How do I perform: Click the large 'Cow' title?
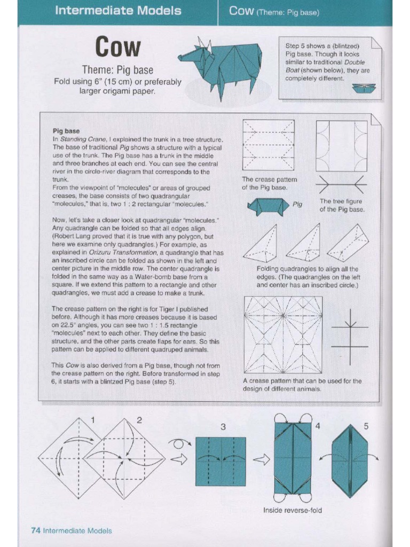pyautogui.click(x=118, y=48)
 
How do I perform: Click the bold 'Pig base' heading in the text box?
pyautogui.click(x=66, y=130)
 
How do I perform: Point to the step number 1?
pyautogui.click(x=93, y=420)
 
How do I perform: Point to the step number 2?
pyautogui.click(x=139, y=420)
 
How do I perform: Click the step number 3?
pyautogui.click(x=223, y=427)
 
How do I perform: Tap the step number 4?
pyautogui.click(x=318, y=426)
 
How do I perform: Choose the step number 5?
pyautogui.click(x=366, y=426)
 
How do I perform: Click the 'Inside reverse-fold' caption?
pyautogui.click(x=293, y=510)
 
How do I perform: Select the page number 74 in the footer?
pyautogui.click(x=36, y=530)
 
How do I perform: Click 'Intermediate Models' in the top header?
pyautogui.click(x=118, y=11)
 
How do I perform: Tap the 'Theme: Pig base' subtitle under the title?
pyautogui.click(x=117, y=70)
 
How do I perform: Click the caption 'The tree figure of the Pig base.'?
pyautogui.click(x=342, y=205)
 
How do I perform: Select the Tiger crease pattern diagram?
pyautogui.click(x=283, y=334)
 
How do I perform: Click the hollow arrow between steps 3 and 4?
pyautogui.click(x=261, y=460)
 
